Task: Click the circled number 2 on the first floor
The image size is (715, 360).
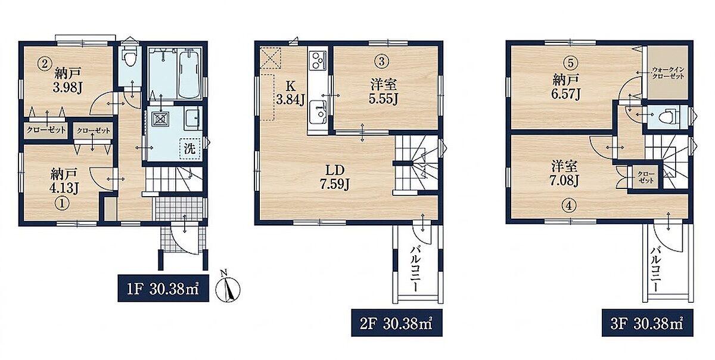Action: pos(45,64)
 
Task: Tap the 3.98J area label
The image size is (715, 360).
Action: pos(67,88)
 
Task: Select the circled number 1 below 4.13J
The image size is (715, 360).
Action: pos(63,204)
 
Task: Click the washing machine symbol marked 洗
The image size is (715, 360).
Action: pos(190,149)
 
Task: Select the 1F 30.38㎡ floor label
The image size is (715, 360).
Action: pos(163,288)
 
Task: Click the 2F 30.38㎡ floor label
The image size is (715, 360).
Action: pos(397,323)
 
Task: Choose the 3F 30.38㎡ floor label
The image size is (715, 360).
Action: pos(647,323)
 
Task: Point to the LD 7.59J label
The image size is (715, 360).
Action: pos(334,177)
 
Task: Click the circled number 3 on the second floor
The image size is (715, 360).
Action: pos(383,61)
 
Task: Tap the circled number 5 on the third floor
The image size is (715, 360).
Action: pos(570,63)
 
